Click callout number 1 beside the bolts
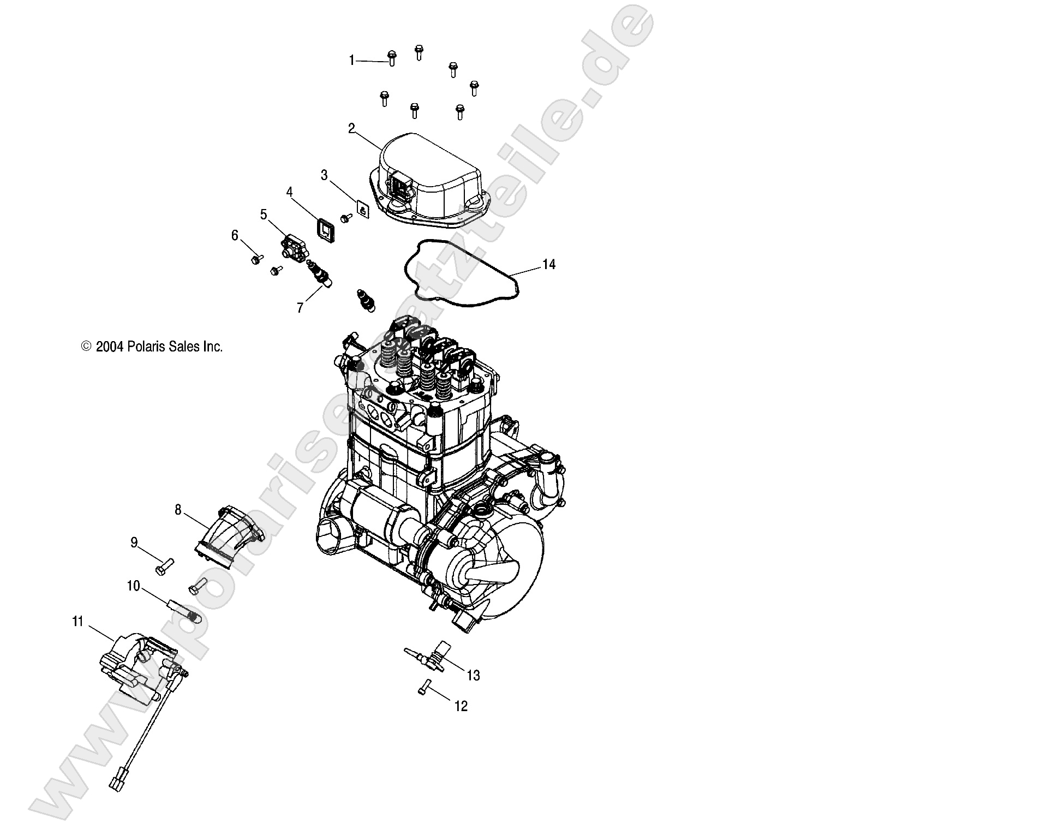point(352,61)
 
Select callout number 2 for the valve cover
point(351,129)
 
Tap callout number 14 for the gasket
point(548,265)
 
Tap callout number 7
point(300,308)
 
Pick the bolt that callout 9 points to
point(163,568)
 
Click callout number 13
point(473,676)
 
